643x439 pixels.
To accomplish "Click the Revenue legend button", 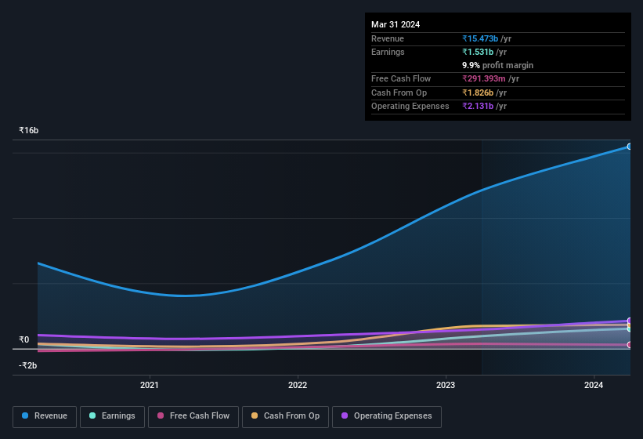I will coord(45,416).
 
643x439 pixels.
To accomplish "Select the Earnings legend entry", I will coord(112,416).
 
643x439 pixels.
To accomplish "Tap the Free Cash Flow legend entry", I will coord(193,416).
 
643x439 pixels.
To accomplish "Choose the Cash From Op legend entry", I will coord(285,416).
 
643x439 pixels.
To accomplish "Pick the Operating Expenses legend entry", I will coord(386,416).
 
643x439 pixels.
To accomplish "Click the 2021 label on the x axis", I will coord(150,385).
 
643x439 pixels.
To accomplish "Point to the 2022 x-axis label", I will coord(298,385).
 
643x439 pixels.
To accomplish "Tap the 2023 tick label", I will coord(446,385).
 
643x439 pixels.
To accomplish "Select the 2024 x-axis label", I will coord(594,385).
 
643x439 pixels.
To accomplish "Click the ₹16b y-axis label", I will coord(29,131).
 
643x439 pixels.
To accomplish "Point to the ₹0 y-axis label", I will coord(23,339).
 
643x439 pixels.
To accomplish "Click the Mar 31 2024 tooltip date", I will coord(396,24).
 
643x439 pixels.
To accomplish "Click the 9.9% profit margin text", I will coord(497,65).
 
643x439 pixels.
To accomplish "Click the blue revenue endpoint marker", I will coord(630,147).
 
